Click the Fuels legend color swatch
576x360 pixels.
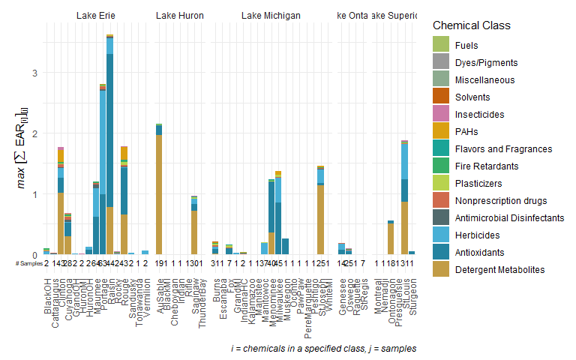coord(442,45)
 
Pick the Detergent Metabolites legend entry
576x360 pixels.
coord(501,269)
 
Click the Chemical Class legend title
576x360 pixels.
coord(472,25)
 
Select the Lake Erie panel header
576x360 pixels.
coord(96,15)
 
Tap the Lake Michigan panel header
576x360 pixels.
coord(271,15)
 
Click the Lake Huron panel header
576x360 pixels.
coord(180,15)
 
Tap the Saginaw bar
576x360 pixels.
coord(194,225)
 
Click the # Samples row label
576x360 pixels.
coord(29,262)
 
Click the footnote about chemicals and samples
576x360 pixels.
coord(323,349)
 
